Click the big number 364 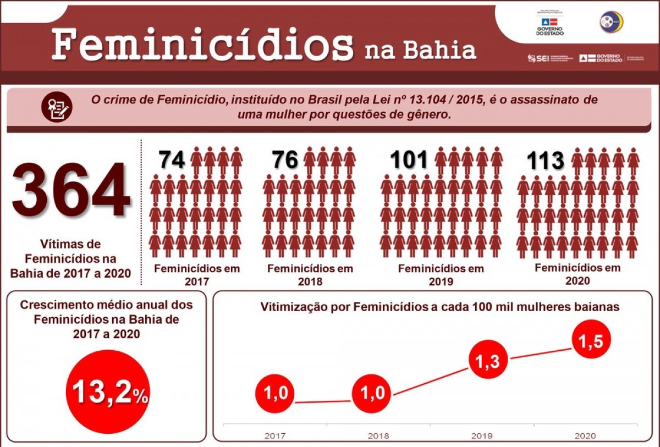[71, 190]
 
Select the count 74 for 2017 [172, 159]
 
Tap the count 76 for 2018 [285, 159]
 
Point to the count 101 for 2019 [409, 160]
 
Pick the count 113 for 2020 [546, 161]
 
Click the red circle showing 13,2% [107, 392]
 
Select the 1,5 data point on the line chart [590, 341]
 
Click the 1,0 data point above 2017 [275, 394]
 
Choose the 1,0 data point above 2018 [371, 394]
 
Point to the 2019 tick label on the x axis [482, 435]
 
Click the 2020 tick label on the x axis [585, 435]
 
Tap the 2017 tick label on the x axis [275, 435]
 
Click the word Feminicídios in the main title [202, 45]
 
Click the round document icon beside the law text [57, 106]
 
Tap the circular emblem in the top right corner [611, 22]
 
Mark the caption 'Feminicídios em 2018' [310, 275]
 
